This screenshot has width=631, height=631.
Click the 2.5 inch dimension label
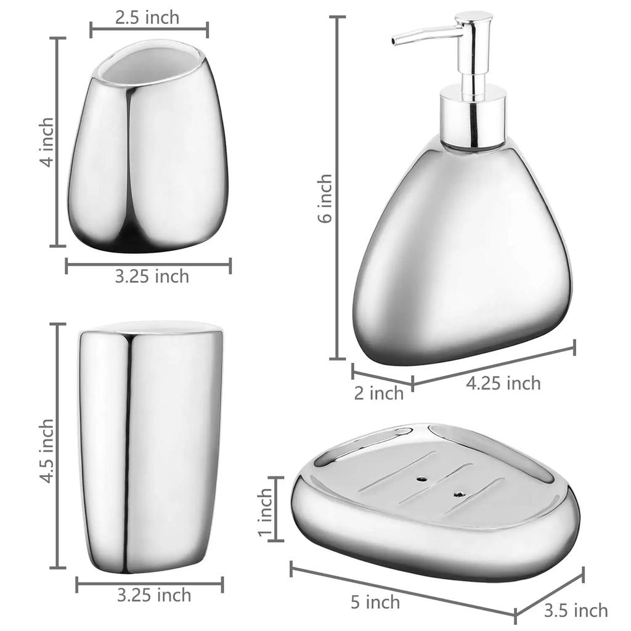point(147,17)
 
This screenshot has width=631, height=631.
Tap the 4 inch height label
point(46,142)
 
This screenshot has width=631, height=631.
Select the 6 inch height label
point(325,198)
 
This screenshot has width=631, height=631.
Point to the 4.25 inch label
point(503,383)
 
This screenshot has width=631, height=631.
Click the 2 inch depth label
point(379,393)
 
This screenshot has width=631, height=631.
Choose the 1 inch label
point(265,512)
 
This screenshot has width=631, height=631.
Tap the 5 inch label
point(375,603)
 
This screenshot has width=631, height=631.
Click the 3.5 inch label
point(576,611)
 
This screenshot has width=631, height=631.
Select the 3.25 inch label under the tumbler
point(154,595)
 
